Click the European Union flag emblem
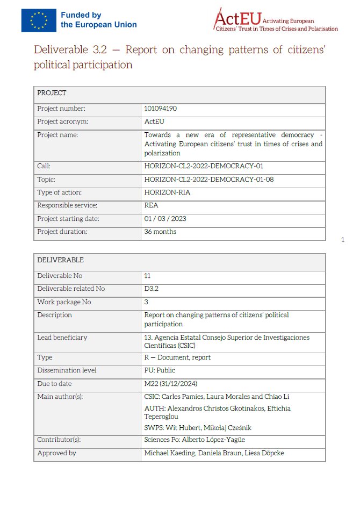(x=39, y=20)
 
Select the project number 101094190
(x=161, y=109)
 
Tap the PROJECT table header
(x=52, y=94)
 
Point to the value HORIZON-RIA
(x=167, y=192)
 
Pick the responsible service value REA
(x=151, y=205)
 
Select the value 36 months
(x=160, y=232)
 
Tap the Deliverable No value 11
(x=147, y=276)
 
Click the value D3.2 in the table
(x=152, y=289)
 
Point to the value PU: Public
(x=160, y=370)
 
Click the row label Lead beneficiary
(x=62, y=338)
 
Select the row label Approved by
(x=56, y=453)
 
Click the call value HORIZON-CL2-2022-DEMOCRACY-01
(x=204, y=166)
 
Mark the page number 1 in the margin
(x=343, y=240)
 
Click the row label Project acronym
(x=62, y=121)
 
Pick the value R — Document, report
(x=177, y=357)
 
